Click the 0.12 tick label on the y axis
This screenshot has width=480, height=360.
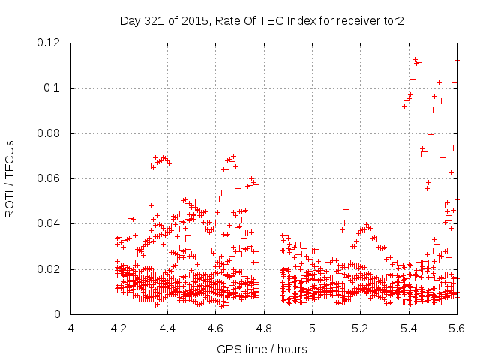[x=49, y=43]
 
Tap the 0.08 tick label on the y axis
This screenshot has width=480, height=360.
[x=49, y=133]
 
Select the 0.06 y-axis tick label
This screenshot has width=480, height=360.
[x=49, y=178]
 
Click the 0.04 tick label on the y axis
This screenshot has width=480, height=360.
[x=49, y=223]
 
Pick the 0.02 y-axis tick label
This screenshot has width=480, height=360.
[x=49, y=269]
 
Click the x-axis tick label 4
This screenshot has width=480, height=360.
[x=71, y=328]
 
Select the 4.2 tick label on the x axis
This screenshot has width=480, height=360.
[x=118, y=328]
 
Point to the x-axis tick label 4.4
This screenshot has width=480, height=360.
[x=167, y=328]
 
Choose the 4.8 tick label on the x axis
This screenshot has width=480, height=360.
[x=264, y=328]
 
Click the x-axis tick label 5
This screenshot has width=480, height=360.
[x=312, y=328]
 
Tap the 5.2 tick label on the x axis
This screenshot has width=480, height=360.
[x=361, y=328]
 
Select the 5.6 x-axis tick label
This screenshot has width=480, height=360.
[x=457, y=328]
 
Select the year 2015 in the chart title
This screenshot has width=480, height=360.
[x=191, y=20]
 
